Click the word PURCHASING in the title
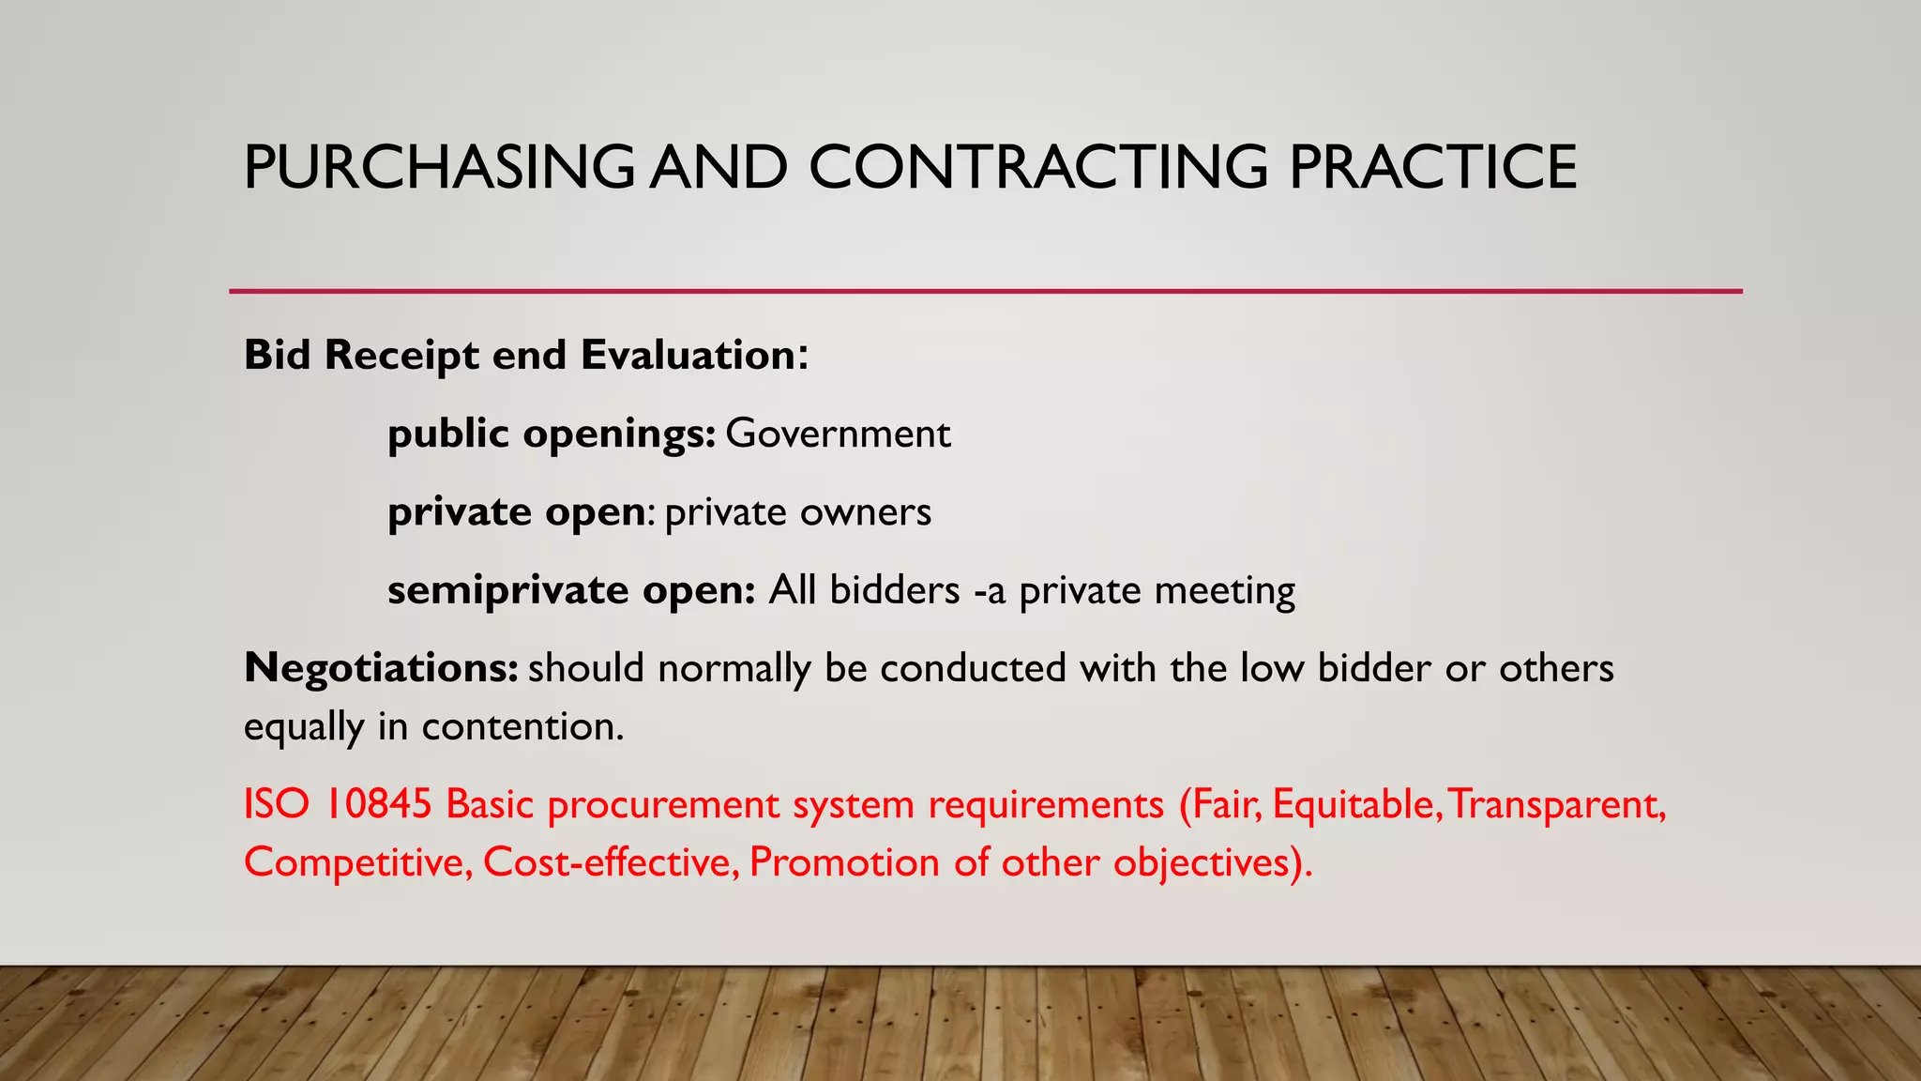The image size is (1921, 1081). coord(439,167)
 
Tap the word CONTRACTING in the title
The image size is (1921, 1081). coord(1037,167)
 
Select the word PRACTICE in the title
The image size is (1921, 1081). coord(1432,167)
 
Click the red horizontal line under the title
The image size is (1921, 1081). coord(985,292)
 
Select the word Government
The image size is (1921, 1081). coord(838,434)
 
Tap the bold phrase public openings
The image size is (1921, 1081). coord(552,434)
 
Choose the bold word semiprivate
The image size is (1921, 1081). coord(507,591)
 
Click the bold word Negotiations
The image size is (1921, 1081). coord(380,669)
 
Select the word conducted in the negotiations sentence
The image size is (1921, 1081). coord(973,668)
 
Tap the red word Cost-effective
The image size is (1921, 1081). coord(611,862)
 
